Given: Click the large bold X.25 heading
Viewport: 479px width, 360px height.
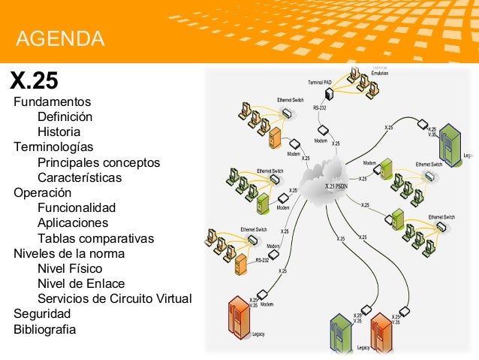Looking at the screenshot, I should [x=33, y=80].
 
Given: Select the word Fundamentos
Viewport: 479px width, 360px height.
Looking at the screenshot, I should [x=52, y=101].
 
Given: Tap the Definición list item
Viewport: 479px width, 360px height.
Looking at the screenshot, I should [x=65, y=117].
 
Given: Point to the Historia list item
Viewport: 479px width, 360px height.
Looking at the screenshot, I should [x=59, y=132].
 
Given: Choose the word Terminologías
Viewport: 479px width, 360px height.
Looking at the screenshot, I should [x=53, y=147].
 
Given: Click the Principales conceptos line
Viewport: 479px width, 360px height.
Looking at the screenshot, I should [x=98, y=163].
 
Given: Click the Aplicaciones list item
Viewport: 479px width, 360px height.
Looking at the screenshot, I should [x=73, y=223].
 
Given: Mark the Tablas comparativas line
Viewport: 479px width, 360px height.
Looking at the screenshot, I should [x=95, y=239].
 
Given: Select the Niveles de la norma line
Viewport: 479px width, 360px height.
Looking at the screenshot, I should [x=69, y=253].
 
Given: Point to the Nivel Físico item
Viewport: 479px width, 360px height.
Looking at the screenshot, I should [x=70, y=268].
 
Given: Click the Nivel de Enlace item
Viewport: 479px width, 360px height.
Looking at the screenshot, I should [x=81, y=283].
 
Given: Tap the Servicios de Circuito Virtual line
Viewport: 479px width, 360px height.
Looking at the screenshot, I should [x=114, y=298].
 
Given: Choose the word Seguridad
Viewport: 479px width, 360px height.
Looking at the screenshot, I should [x=42, y=313].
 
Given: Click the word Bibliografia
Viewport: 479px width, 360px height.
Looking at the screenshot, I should [x=44, y=329].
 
